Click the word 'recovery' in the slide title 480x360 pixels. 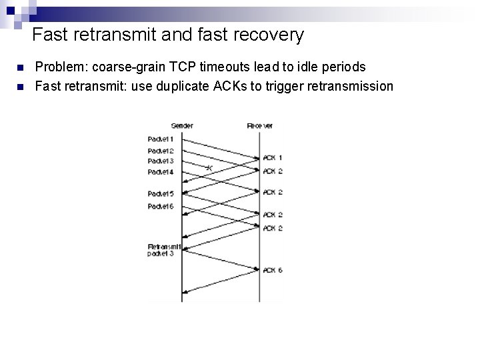[271, 34]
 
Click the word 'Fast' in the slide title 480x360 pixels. [47, 34]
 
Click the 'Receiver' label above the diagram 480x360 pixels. [259, 125]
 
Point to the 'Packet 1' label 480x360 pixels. [160, 139]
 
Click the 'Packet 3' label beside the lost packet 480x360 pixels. [160, 161]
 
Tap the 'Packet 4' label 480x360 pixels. [160, 172]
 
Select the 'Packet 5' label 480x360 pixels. [160, 194]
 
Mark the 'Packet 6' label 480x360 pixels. [160, 207]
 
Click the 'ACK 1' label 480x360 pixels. [273, 158]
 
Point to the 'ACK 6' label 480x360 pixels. [273, 270]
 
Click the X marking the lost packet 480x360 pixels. [209, 167]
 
